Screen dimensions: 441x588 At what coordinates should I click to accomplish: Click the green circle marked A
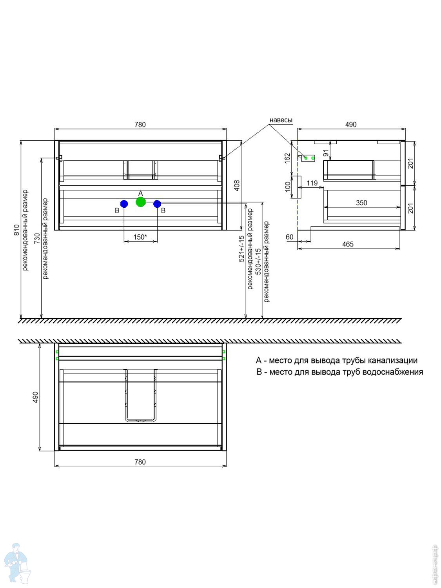[x=141, y=202]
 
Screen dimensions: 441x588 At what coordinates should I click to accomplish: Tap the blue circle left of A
[x=124, y=204]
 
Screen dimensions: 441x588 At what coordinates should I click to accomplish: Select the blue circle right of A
[x=157, y=204]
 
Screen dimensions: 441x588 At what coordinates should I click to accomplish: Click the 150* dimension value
[x=140, y=237]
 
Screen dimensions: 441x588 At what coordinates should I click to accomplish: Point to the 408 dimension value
[x=237, y=185]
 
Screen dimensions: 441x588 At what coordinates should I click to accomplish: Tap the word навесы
[x=281, y=120]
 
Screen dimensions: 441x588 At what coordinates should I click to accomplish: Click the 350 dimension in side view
[x=361, y=203]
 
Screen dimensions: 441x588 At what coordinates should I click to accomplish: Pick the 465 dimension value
[x=348, y=244]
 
